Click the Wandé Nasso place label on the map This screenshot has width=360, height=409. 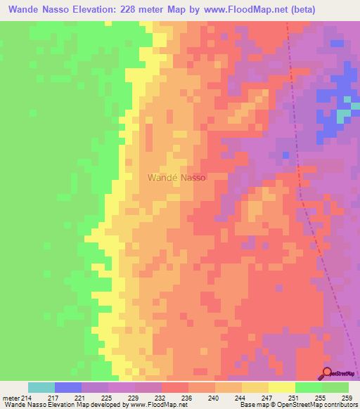tap(176, 178)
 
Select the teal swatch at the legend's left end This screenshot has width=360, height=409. tap(41, 387)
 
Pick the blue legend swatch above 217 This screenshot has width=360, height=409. tap(68, 387)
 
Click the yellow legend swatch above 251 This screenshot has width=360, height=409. tap(282, 387)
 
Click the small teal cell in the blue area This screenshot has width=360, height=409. tap(342, 113)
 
